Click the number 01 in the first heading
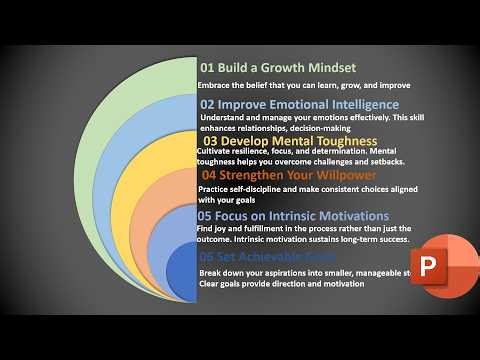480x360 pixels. [208, 68]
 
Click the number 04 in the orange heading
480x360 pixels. [210, 177]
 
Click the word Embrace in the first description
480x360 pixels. [215, 86]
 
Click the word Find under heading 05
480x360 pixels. [207, 229]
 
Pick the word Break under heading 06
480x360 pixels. [212, 272]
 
